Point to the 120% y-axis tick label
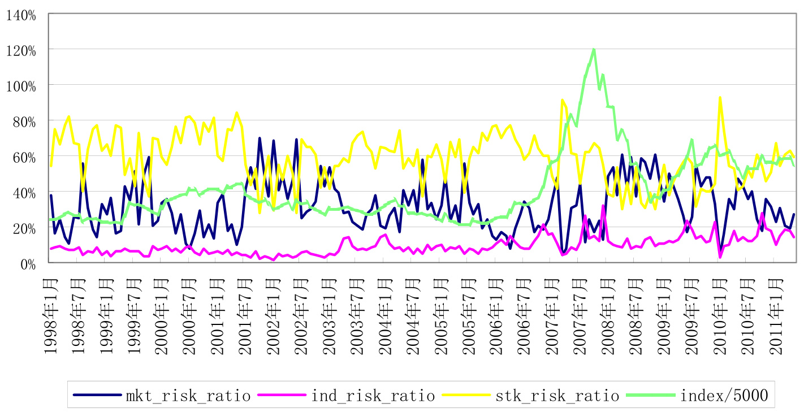pyautogui.click(x=21, y=50)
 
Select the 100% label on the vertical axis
pyautogui.click(x=21, y=86)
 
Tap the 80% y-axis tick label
pyautogui.click(x=24, y=122)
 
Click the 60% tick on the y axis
pyautogui.click(x=24, y=157)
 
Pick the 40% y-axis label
pyautogui.click(x=24, y=193)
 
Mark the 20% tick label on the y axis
pyautogui.click(x=24, y=228)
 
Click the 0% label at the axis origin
pyautogui.click(x=28, y=264)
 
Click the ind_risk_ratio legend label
pyautogui.click(x=373, y=395)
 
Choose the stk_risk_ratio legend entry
pyautogui.click(x=557, y=395)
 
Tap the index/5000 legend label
pyautogui.click(x=724, y=395)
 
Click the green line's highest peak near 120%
pyautogui.click(x=594, y=49)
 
